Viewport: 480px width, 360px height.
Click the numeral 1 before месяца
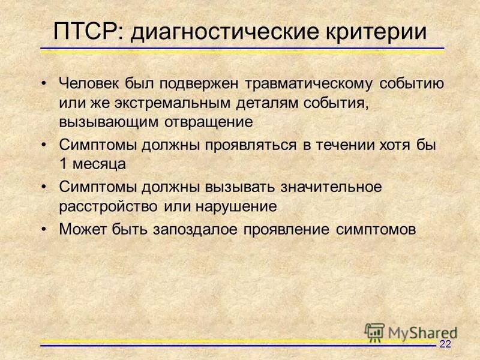[63, 164]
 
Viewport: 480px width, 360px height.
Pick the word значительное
[324, 187]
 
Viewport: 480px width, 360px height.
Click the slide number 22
[445, 344]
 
